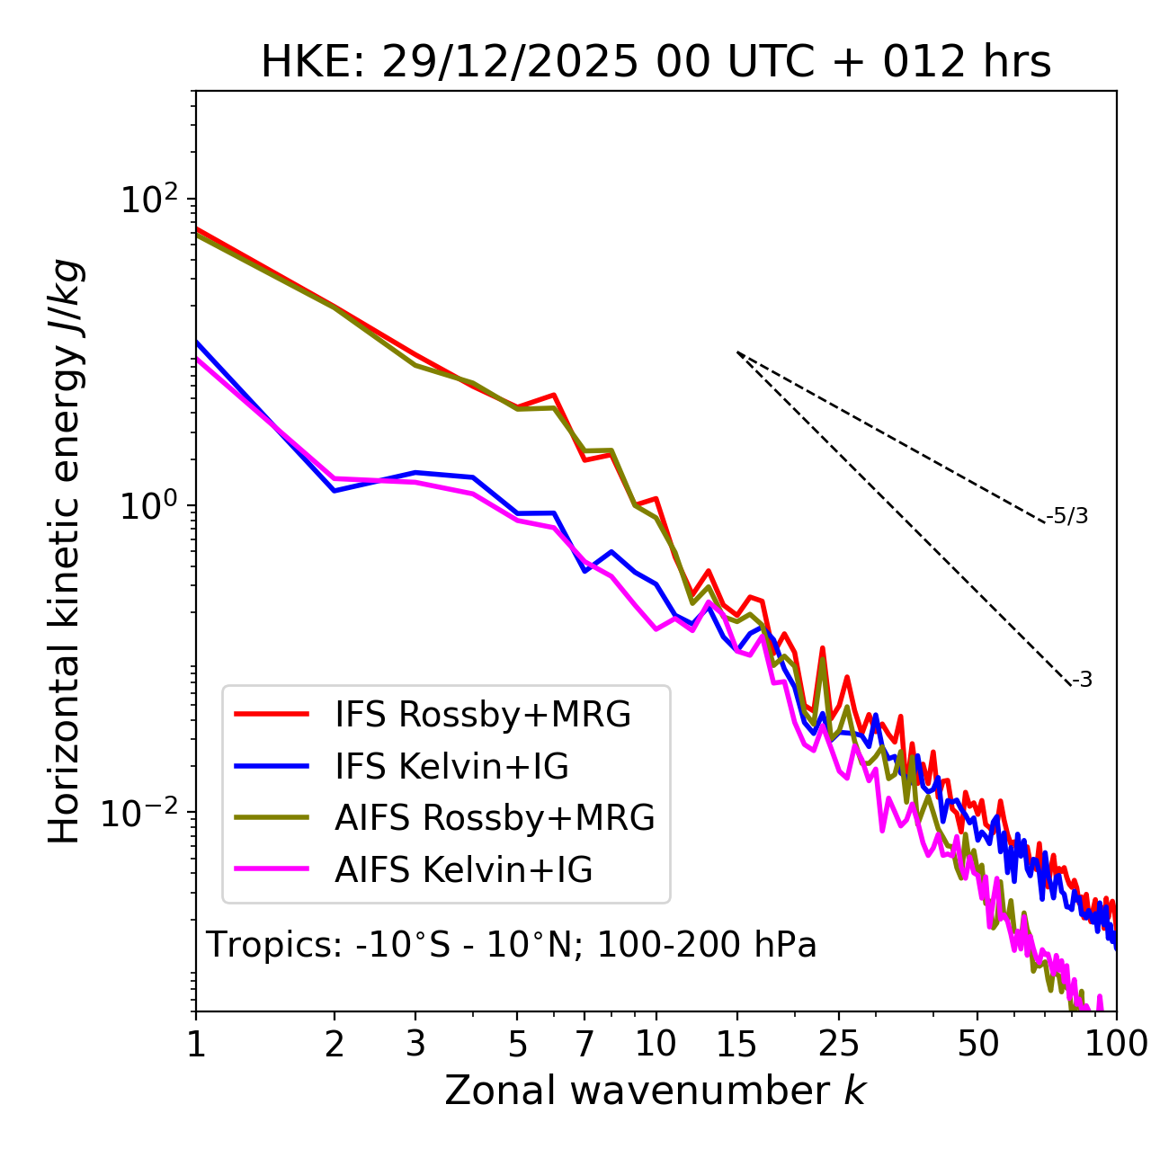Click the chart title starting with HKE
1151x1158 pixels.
656,63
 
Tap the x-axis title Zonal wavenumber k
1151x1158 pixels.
655,1091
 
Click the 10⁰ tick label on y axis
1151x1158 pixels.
147,505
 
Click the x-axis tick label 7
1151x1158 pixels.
585,1044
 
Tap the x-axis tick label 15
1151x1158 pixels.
736,1044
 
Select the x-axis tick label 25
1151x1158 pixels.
839,1044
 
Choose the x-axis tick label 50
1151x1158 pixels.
977,1044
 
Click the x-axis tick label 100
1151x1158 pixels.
1116,1044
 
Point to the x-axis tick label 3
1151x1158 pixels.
415,1044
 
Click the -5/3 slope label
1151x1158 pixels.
1067,516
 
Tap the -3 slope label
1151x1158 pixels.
1082,681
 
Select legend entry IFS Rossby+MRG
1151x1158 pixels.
482,715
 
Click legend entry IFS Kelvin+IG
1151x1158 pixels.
451,767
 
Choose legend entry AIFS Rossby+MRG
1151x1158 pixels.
495,818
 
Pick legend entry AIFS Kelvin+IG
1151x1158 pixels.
463,870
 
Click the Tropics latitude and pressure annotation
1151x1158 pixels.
512,945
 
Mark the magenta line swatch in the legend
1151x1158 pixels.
272,869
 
